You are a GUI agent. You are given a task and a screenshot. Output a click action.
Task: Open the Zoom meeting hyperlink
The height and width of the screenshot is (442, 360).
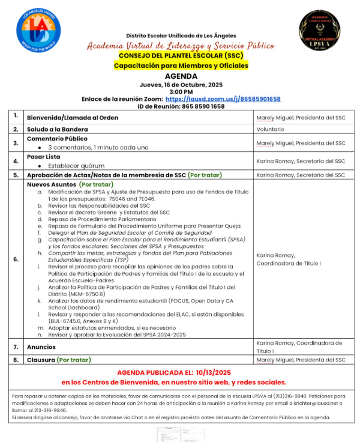pos(235,99)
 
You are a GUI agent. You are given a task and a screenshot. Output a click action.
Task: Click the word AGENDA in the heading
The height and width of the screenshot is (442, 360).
pos(181,76)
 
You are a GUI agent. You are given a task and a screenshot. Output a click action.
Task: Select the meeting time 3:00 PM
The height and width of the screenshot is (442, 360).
pos(181,92)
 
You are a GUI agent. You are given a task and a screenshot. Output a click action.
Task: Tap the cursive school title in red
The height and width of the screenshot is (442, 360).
pos(181,46)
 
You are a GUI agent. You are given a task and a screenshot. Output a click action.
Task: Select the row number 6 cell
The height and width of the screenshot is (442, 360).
pos(16,259)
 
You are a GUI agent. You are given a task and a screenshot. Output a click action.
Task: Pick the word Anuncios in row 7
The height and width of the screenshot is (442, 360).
pos(41,347)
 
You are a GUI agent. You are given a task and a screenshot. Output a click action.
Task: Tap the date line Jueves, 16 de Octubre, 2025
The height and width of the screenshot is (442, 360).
pos(181,85)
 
